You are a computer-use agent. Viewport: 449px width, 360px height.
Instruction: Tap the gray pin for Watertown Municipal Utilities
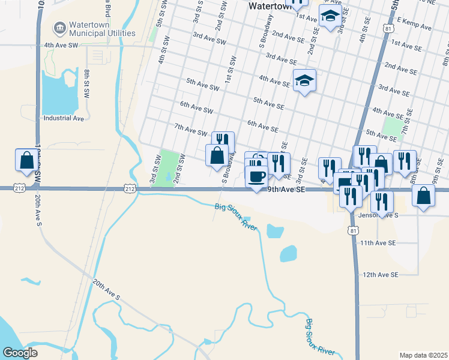59,28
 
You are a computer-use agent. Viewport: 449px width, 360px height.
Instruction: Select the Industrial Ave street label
64,118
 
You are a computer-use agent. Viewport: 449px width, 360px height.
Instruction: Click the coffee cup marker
257,177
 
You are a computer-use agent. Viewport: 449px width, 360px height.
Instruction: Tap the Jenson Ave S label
378,214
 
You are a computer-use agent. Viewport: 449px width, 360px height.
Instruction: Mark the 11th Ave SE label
378,243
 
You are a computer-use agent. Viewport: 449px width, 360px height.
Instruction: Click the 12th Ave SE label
380,274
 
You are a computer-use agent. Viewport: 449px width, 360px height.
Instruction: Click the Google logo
20,353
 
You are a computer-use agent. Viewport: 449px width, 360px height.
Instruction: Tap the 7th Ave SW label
190,130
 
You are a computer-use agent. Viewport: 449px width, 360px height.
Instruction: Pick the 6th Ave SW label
196,107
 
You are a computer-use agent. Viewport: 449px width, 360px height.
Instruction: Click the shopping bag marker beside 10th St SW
26,160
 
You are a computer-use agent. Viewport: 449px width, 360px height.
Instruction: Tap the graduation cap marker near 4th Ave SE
304,80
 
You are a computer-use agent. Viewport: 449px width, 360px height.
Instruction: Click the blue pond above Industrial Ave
60,93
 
